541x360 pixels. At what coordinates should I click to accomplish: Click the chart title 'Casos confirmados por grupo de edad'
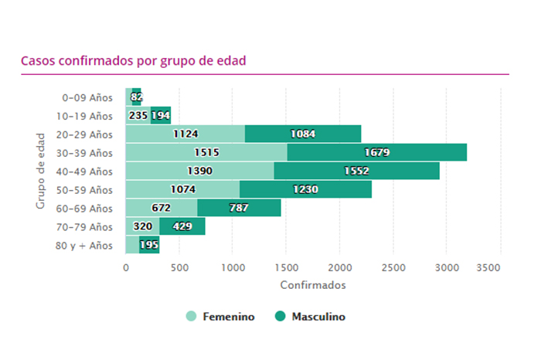(133, 60)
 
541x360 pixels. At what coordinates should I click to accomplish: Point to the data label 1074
(183, 189)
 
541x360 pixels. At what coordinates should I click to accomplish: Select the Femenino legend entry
(220, 317)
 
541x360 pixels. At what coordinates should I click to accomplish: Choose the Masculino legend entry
(310, 317)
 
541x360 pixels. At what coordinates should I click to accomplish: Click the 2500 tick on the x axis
(393, 267)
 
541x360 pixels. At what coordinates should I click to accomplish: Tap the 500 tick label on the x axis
(179, 267)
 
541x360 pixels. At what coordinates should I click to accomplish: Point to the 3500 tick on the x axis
(500, 267)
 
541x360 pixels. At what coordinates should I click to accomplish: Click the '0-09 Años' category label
(87, 97)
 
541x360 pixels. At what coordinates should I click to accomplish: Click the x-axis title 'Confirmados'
(313, 285)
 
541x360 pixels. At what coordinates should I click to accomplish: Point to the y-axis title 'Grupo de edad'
(40, 172)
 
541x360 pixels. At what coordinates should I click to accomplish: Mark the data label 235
(138, 115)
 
